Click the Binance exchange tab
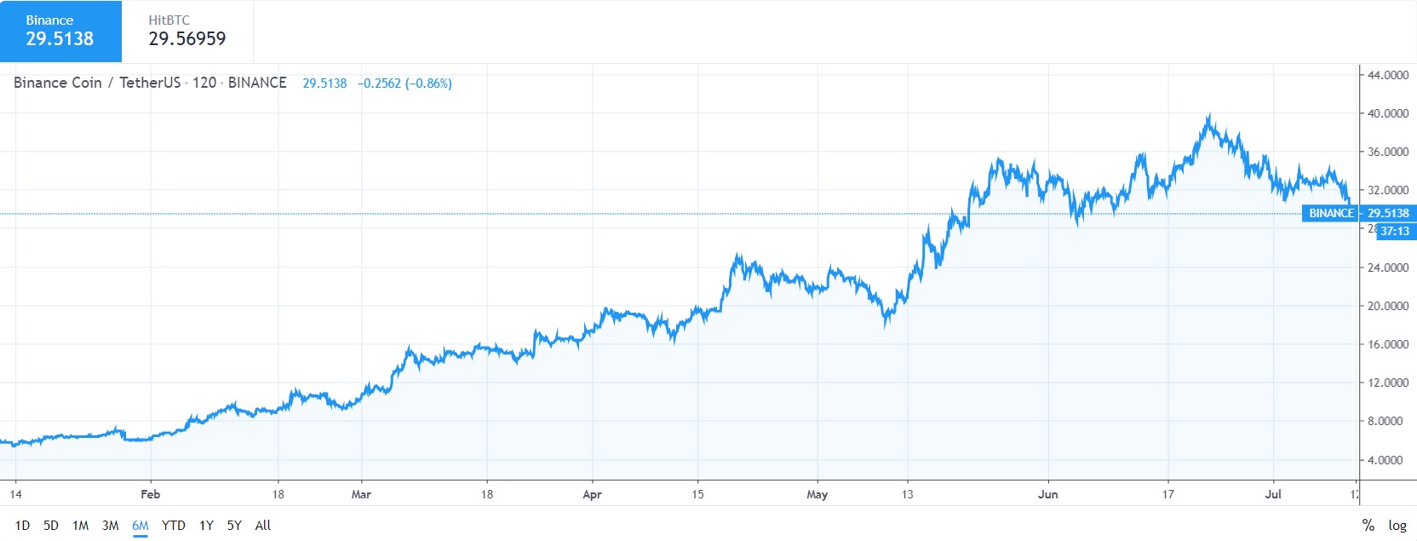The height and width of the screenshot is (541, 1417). click(60, 32)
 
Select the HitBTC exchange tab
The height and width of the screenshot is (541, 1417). click(187, 32)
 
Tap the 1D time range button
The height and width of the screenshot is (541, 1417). click(22, 526)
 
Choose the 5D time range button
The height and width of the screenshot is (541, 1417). click(51, 526)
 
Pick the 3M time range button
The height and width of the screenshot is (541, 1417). click(110, 526)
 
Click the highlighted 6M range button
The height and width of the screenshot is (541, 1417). click(141, 526)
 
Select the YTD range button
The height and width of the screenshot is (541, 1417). click(173, 526)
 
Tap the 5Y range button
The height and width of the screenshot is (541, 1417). click(234, 526)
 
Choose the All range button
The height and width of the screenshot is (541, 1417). click(263, 526)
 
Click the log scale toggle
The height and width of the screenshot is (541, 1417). click(1397, 526)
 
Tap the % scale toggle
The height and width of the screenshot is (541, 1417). click(1368, 526)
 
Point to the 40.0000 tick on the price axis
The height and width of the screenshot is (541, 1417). click(1387, 113)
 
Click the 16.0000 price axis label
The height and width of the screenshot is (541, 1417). click(1387, 344)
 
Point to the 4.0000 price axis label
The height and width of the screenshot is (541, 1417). click(1387, 460)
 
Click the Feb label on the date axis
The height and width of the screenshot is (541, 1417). click(150, 494)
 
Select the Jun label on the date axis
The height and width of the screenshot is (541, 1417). click(1047, 494)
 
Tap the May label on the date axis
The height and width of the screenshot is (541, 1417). click(817, 494)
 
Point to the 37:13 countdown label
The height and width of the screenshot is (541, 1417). click(1395, 231)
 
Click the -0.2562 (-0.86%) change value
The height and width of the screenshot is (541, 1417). click(404, 83)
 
